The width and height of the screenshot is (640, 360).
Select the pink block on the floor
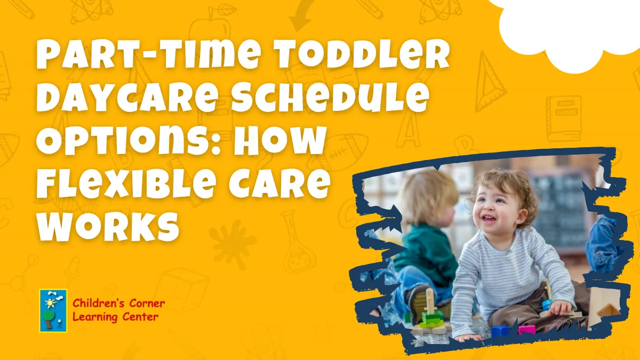526,330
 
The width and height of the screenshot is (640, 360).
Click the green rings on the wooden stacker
430,319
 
